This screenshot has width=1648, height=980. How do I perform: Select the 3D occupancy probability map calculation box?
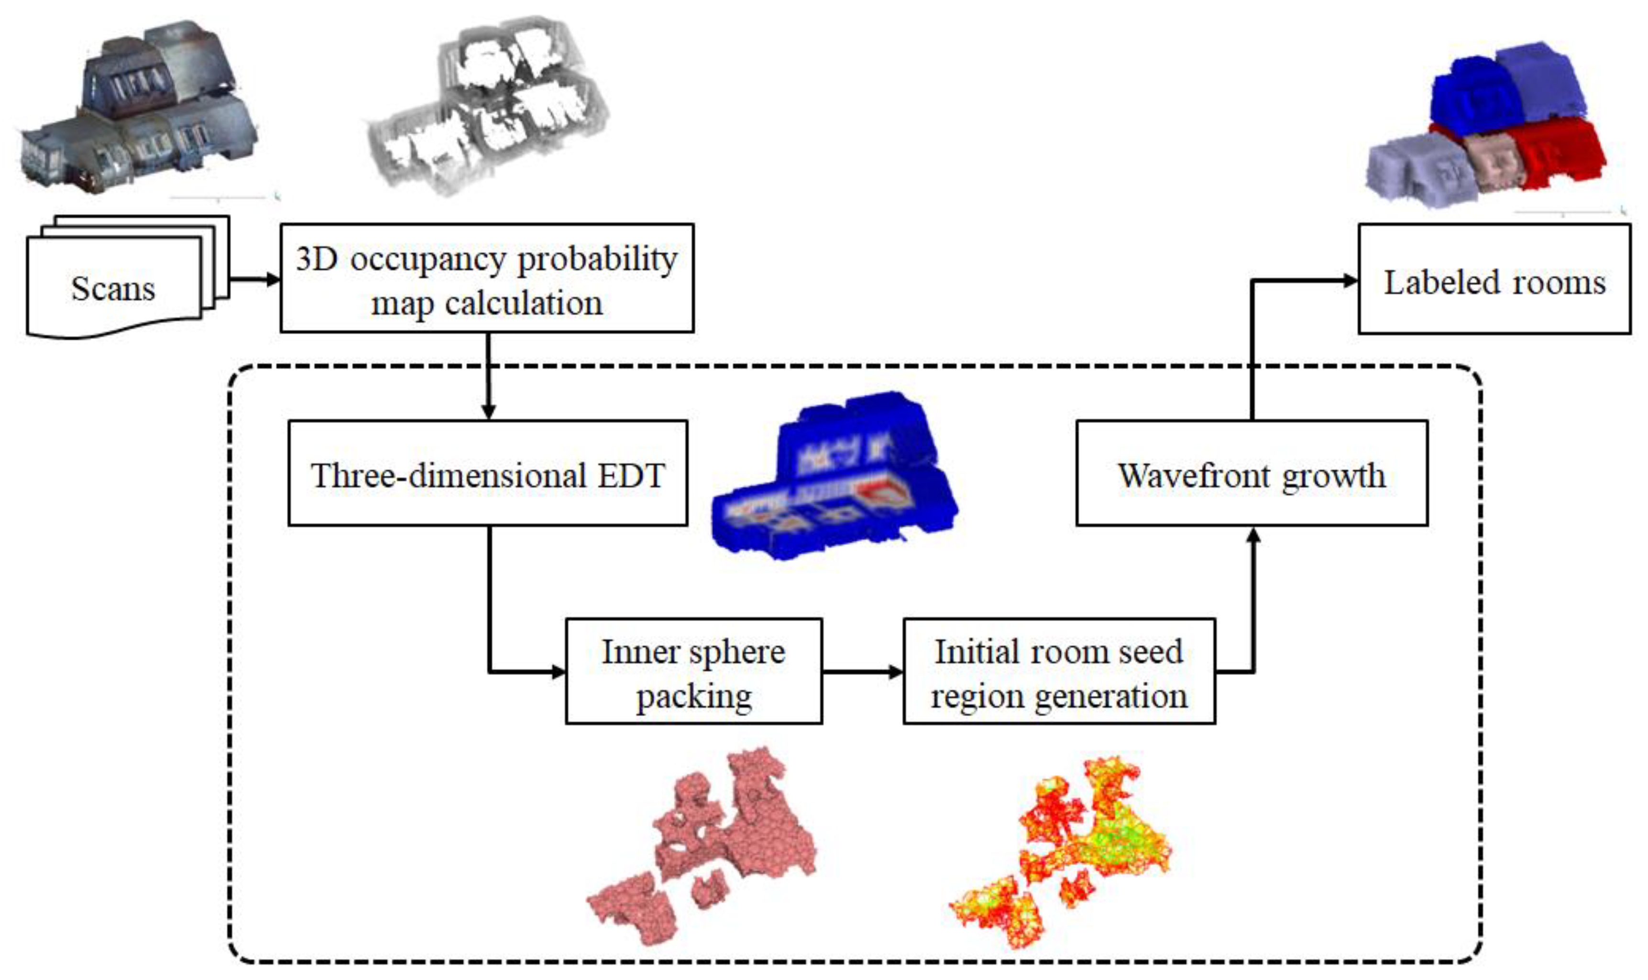[x=486, y=278]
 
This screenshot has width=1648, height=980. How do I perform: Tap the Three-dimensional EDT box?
[x=487, y=473]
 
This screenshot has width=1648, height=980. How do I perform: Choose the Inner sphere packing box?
[x=693, y=672]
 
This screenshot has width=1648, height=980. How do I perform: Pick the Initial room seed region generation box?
[x=1058, y=672]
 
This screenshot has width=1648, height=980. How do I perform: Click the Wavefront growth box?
[x=1251, y=473]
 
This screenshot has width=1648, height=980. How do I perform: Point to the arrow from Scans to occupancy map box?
[x=254, y=279]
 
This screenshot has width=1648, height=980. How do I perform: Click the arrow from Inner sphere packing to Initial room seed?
[x=862, y=672]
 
